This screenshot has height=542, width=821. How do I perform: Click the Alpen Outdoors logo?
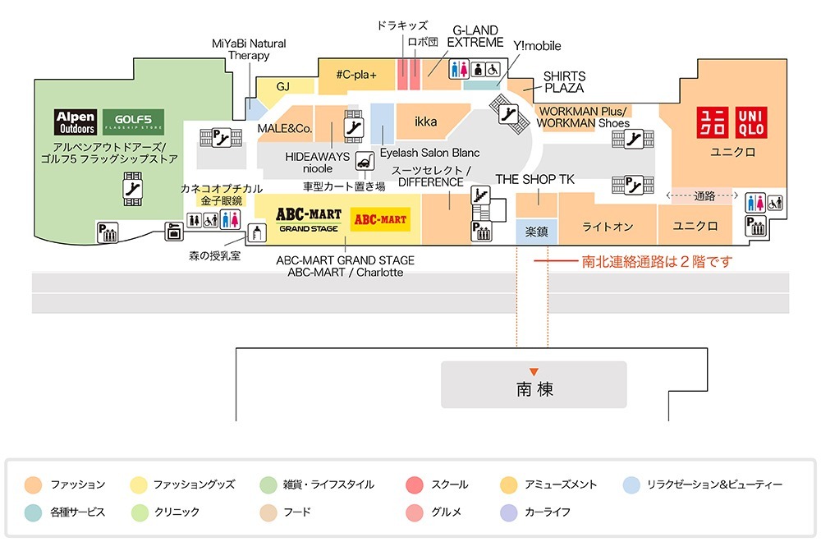76,122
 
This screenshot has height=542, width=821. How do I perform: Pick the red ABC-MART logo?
379,219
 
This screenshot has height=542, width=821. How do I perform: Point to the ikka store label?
426,122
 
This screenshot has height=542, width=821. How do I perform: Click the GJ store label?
283,86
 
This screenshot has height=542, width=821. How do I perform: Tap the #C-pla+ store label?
356,75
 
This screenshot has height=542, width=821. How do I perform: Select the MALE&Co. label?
284,129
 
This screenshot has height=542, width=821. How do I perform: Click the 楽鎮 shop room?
537,232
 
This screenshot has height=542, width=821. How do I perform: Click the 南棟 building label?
534,389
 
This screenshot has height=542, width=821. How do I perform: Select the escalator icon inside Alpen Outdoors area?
130,187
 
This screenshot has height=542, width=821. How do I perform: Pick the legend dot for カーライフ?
508,512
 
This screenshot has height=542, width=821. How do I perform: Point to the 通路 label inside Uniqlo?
704,195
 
